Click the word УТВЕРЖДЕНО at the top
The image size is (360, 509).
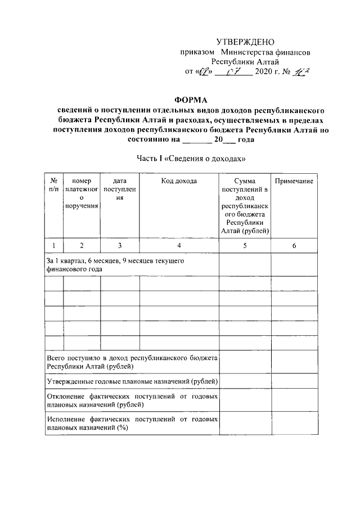(x=245, y=42)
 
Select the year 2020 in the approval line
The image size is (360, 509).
(x=266, y=72)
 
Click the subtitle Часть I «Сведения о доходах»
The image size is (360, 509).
(x=191, y=159)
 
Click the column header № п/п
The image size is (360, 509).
(x=54, y=185)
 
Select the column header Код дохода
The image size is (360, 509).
(x=179, y=181)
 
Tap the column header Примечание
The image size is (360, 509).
(x=294, y=181)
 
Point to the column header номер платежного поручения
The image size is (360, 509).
(x=82, y=193)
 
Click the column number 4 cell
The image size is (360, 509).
(x=179, y=245)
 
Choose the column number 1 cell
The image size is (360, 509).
(x=54, y=245)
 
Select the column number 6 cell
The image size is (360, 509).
(x=294, y=245)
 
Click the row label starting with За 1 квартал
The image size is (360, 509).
(x=115, y=265)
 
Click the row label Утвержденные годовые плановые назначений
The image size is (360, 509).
(x=132, y=381)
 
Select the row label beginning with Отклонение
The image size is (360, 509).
(x=132, y=400)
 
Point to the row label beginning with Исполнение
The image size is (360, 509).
(x=132, y=424)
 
